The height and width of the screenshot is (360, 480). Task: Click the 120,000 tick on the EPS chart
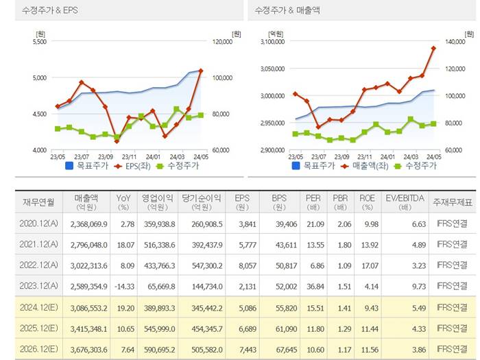click(x=222, y=42)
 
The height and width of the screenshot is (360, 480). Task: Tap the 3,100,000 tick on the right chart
click(x=271, y=42)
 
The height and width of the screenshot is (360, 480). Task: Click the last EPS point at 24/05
click(x=200, y=70)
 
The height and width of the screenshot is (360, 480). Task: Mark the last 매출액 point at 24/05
click(x=433, y=48)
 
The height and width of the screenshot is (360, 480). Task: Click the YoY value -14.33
click(x=123, y=286)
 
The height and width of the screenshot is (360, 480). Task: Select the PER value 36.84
click(x=313, y=286)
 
